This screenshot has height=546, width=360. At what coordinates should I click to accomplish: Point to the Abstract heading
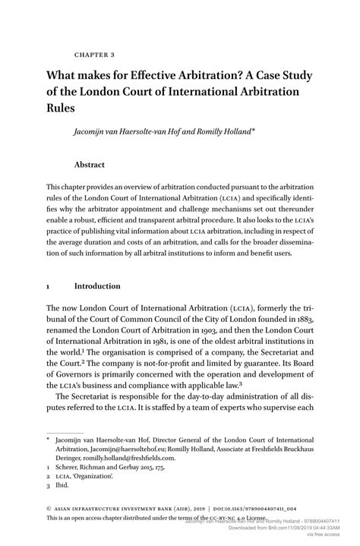point(89,165)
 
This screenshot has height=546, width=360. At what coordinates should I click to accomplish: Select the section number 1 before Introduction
point(49,286)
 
